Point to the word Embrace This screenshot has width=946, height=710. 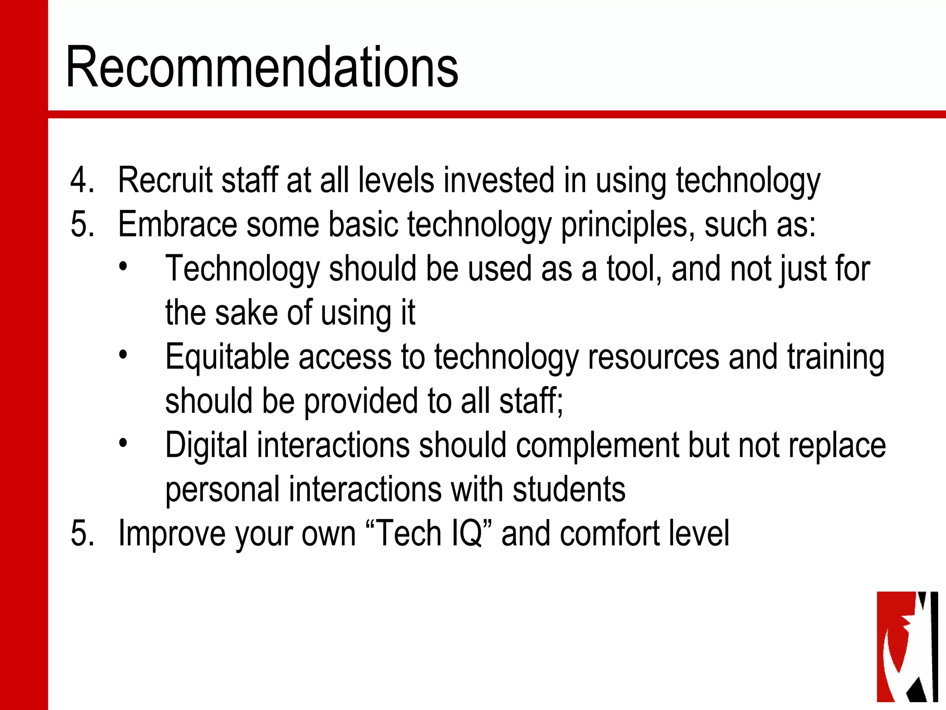[x=177, y=225]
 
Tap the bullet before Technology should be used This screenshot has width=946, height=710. [x=122, y=267]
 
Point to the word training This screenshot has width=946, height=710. [x=836, y=358]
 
